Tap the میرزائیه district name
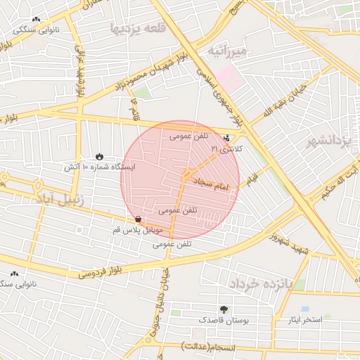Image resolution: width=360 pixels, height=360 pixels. [x=227, y=51]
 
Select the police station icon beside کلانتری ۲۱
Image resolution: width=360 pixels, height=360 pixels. [x=226, y=139]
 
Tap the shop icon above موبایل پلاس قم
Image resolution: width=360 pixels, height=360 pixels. [x=138, y=220]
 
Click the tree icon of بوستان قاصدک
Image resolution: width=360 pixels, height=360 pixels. [x=224, y=309]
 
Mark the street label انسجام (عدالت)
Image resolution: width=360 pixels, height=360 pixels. [x=209, y=346]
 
